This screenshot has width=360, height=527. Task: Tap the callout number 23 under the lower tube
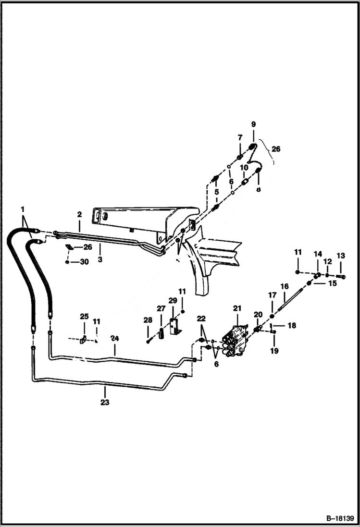click(x=105, y=403)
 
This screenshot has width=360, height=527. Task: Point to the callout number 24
click(x=115, y=338)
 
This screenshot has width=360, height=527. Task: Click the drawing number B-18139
click(x=340, y=519)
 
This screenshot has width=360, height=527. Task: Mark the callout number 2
click(x=79, y=214)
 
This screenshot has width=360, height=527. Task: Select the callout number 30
click(x=84, y=262)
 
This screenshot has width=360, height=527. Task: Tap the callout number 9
click(x=253, y=124)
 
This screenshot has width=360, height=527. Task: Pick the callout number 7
click(x=239, y=138)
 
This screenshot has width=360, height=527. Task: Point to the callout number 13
click(x=341, y=255)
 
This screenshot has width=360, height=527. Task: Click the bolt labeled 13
click(x=341, y=276)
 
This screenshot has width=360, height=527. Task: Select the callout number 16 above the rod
click(x=284, y=286)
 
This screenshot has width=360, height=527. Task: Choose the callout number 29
click(x=173, y=300)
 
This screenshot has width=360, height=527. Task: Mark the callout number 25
click(x=84, y=317)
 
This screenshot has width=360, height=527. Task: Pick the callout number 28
click(x=148, y=319)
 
